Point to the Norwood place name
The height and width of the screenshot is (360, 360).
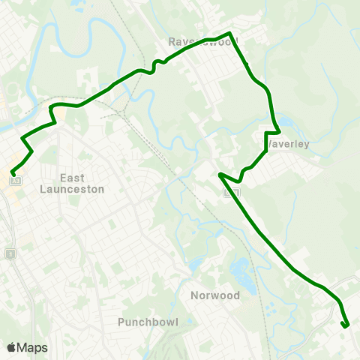(x=214, y=295)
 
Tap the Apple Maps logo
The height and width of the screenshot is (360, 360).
(x=27, y=347)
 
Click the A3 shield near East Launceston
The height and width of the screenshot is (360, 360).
(x=16, y=181)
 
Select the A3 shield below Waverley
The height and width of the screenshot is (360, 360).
(x=234, y=193)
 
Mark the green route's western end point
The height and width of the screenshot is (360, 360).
(x=13, y=174)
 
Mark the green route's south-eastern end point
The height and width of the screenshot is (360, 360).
(x=345, y=325)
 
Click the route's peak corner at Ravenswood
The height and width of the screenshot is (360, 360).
(x=230, y=34)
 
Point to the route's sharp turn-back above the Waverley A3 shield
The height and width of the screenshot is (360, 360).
(x=220, y=174)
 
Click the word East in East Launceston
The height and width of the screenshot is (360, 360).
(x=72, y=178)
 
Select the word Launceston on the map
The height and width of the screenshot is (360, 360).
(x=72, y=190)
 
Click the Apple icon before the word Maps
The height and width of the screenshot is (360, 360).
(x=11, y=347)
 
